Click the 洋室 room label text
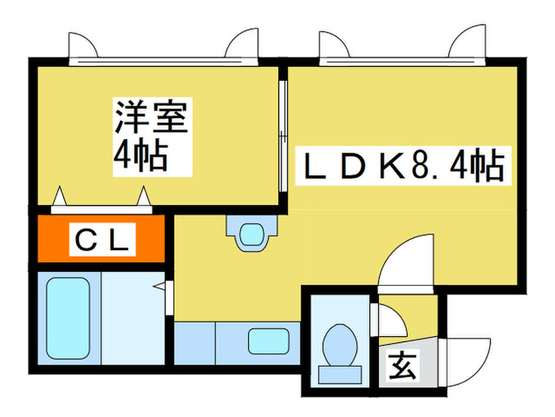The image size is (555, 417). tap(151, 117)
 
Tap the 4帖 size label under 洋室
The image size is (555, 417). tap(140, 156)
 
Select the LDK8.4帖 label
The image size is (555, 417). tap(404, 166)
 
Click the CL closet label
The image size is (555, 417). tap(102, 240)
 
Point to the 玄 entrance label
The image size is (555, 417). tap(402, 366)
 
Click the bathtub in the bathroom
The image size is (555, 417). tap(67, 318)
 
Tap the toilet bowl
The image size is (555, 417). tap(340, 346)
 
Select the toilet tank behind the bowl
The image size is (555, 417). tap(340, 375)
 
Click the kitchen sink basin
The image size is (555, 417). tap(269, 341)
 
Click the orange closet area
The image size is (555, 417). tap(101, 238)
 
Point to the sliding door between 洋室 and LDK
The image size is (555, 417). tap(282, 136)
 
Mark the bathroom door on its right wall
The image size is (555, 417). tap(169, 297)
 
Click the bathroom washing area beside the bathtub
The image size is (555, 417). tap(133, 318)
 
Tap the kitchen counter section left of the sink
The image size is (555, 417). tap(195, 343)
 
